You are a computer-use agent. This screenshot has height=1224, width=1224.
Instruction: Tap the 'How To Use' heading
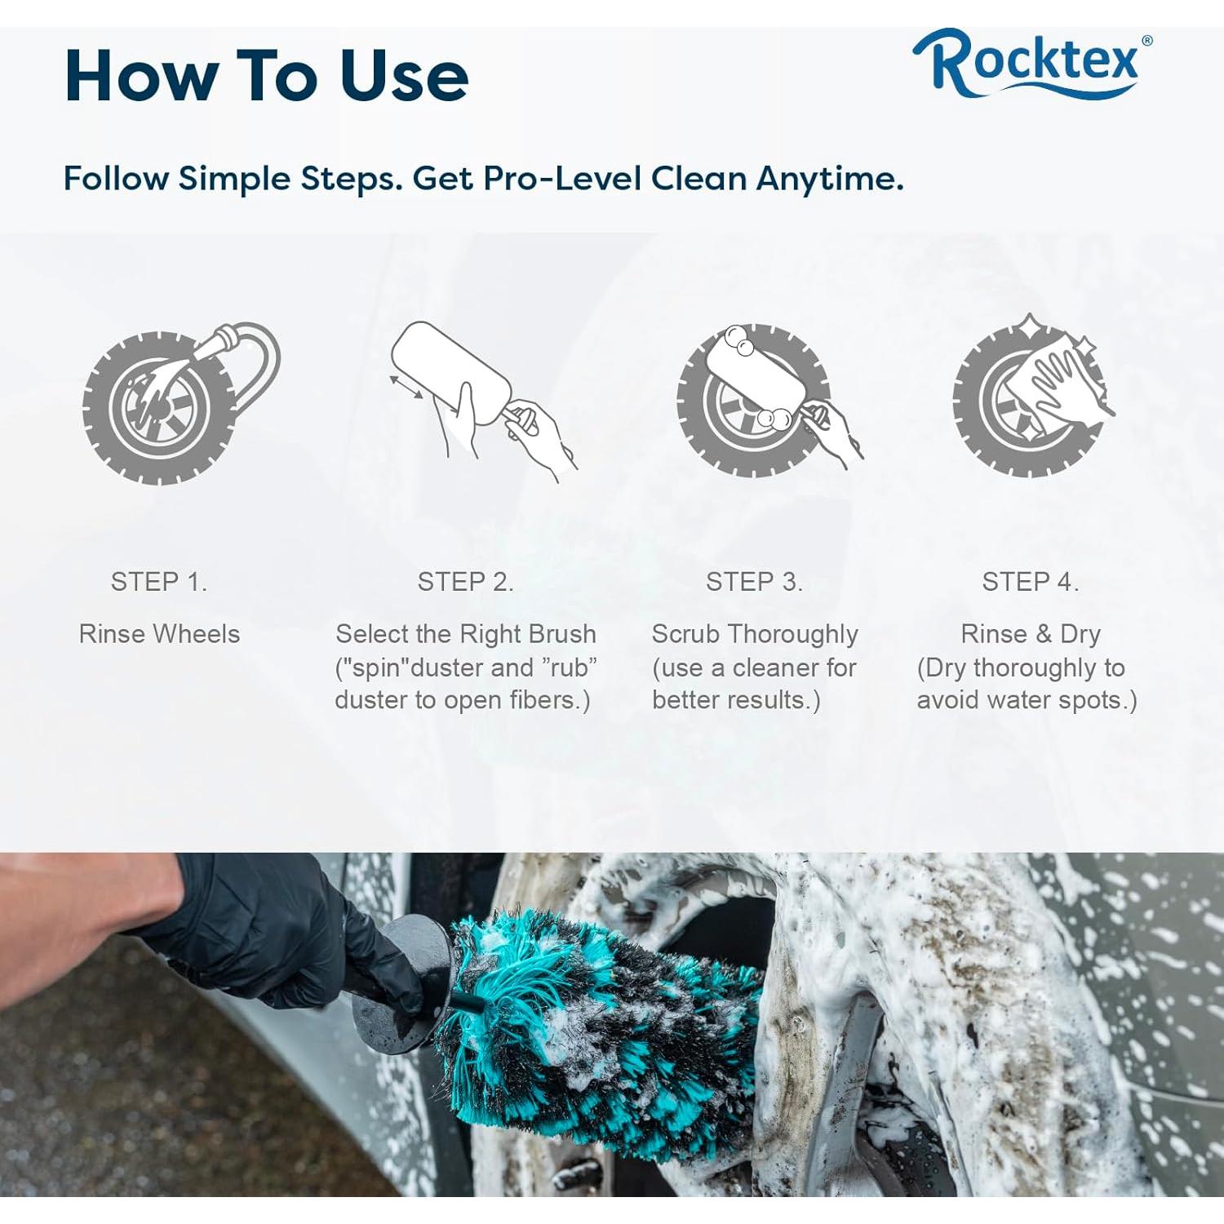(266, 76)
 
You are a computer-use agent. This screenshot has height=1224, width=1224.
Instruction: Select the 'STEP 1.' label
(159, 582)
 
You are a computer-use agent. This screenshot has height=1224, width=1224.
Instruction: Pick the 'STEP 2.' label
(465, 582)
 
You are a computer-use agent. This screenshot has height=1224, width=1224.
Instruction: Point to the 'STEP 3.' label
(754, 582)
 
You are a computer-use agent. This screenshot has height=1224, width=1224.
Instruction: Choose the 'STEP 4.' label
(1030, 582)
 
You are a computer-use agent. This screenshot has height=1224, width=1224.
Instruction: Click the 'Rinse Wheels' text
(159, 634)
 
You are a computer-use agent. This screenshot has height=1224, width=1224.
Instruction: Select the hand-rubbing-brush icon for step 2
(481, 400)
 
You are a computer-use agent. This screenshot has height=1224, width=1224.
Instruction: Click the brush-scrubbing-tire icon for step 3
(767, 400)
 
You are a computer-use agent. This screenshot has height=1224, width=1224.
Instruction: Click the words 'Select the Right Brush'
(465, 634)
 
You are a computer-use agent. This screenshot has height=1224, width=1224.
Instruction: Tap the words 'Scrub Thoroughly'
(754, 634)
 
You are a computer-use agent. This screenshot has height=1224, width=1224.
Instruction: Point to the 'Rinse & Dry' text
(1030, 634)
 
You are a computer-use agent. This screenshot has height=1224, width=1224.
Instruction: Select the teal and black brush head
(604, 1028)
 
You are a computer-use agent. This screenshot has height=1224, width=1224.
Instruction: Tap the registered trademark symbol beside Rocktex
(1146, 40)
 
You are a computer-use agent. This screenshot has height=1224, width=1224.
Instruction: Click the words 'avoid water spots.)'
(1027, 700)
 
